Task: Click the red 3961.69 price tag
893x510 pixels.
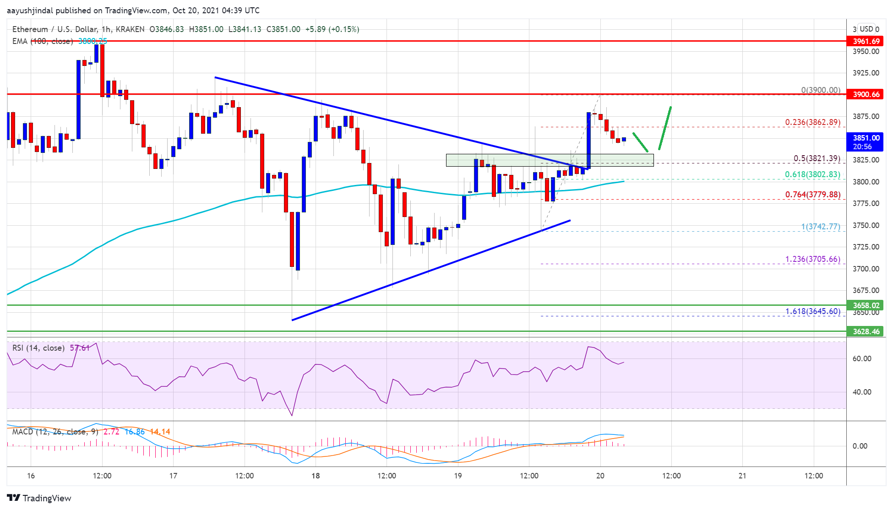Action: tap(866, 41)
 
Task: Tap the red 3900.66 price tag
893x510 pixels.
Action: tap(866, 94)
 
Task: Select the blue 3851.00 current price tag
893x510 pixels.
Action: tap(866, 142)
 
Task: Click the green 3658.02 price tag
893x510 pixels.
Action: tap(866, 305)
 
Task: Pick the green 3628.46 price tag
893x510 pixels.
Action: tap(866, 331)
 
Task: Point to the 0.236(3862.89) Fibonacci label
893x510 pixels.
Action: tap(812, 122)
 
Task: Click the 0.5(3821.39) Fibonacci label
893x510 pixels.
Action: tap(817, 158)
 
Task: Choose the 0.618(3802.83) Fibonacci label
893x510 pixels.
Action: tap(812, 174)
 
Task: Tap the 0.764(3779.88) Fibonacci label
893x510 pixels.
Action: tap(812, 195)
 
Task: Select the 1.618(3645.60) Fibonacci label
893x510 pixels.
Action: tap(812, 311)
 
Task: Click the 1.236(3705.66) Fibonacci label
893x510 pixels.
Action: tap(812, 259)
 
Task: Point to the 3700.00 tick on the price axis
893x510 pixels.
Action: tap(866, 269)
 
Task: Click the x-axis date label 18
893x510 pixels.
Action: tap(316, 476)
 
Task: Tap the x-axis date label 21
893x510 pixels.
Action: tap(742, 476)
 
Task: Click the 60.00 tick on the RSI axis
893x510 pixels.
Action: tap(861, 358)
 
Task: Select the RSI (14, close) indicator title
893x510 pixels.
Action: tap(38, 348)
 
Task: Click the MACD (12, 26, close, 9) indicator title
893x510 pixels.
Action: tap(55, 432)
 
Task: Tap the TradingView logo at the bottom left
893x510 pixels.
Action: tap(39, 498)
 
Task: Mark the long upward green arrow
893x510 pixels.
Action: tap(665, 128)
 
